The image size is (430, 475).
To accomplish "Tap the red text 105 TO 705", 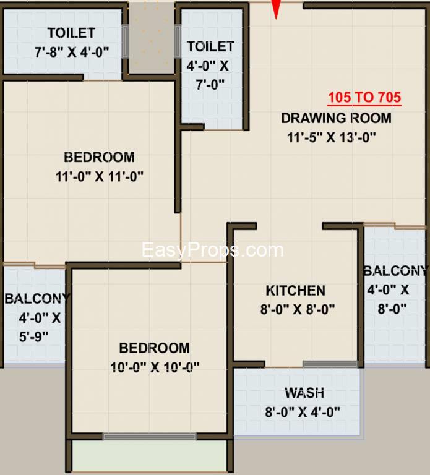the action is [x=364, y=98].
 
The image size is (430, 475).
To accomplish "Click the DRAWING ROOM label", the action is [x=337, y=118].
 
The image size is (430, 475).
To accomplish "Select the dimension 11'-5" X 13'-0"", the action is [x=332, y=137].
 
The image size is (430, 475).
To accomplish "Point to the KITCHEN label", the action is [x=296, y=291].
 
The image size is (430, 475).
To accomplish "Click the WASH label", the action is [x=304, y=393].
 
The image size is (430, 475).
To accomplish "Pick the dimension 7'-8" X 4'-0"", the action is [x=72, y=52].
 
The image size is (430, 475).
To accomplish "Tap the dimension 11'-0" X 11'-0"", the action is [x=100, y=177].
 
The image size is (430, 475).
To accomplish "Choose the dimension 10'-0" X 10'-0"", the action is [x=155, y=367].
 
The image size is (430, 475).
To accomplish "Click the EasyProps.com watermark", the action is [x=213, y=250].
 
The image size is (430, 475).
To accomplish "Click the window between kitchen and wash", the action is [x=330, y=364].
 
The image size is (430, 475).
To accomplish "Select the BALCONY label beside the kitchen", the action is [x=396, y=271].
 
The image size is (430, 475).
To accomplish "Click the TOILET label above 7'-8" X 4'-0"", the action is [x=72, y=33].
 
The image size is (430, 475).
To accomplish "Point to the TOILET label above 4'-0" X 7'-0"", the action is [x=210, y=46].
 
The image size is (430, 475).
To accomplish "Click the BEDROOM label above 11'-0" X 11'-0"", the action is [x=100, y=158].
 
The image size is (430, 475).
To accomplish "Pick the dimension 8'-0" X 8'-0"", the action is [x=298, y=310].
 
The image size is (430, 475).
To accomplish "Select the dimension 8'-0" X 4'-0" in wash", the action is [x=303, y=413].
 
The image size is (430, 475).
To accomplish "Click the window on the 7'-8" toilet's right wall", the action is [x=125, y=41].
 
